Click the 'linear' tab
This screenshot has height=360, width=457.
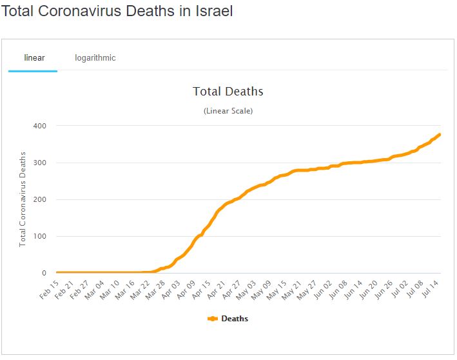tap(34, 58)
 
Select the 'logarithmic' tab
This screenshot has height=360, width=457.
tap(95, 58)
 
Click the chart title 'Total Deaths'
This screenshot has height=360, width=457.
tap(228, 92)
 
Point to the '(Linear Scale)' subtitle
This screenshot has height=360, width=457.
tap(228, 111)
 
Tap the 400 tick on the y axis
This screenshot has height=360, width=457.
tap(40, 126)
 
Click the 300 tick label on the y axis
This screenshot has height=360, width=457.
tap(40, 163)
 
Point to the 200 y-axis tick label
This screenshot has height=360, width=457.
tap(40, 199)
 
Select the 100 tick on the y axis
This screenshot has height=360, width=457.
tap(40, 236)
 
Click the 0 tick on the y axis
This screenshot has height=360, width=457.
tap(44, 273)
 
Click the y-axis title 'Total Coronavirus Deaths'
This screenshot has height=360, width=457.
tap(23, 199)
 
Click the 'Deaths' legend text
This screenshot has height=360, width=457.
tap(235, 319)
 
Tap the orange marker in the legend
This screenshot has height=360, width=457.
tap(213, 319)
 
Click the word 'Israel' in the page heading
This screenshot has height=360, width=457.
tap(210, 12)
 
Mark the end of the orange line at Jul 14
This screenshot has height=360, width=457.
tap(440, 134)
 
